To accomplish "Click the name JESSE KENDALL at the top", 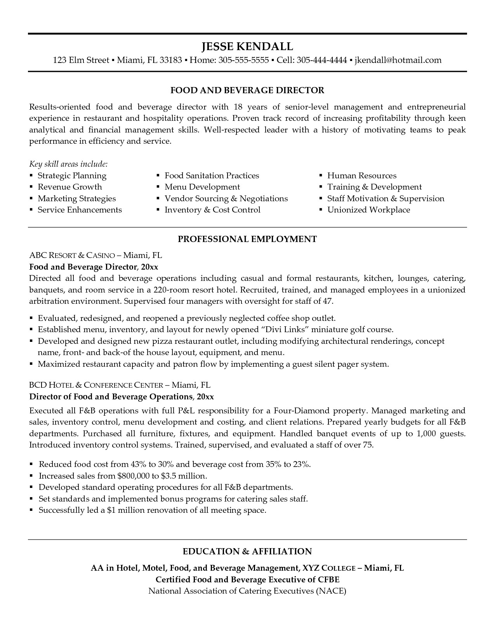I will [247, 47].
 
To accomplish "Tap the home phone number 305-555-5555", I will [244, 60].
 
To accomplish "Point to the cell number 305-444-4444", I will [322, 60].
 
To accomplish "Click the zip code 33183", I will [171, 60].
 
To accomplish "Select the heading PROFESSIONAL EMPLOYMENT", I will [247, 239].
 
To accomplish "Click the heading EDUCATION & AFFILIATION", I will [247, 552].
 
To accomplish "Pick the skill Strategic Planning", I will [72, 176].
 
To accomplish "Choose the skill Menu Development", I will [202, 187].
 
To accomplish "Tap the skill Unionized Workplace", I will [368, 210].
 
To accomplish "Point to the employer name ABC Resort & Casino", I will [72, 256].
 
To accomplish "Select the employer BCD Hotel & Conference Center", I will [96, 385].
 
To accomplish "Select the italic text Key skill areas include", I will [69, 164].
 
